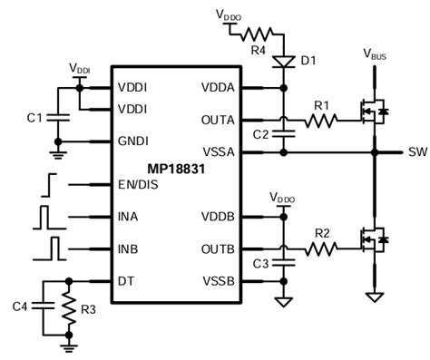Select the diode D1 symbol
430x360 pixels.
point(286,61)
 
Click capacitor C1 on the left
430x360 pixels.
point(58,118)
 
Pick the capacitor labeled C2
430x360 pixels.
point(286,133)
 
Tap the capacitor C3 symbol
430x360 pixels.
point(286,263)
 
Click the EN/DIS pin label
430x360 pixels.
point(137,185)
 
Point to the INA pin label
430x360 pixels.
point(128,218)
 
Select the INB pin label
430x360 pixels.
point(128,248)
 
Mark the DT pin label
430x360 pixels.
point(125,280)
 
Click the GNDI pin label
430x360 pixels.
point(132,141)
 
